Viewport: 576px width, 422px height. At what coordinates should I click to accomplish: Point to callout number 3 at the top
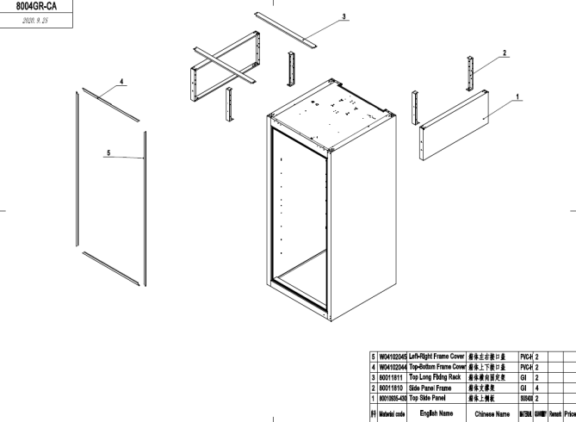click(x=344, y=16)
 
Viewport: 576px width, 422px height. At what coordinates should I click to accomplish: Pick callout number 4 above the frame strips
click(x=121, y=82)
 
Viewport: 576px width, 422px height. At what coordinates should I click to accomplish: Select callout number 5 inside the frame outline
click(x=108, y=153)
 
